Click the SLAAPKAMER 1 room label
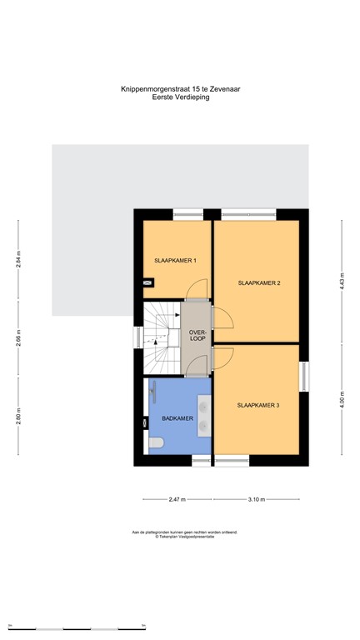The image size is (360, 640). pyautogui.click(x=175, y=261)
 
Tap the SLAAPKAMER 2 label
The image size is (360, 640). pyautogui.click(x=258, y=284)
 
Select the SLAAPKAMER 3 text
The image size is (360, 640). pyautogui.click(x=258, y=406)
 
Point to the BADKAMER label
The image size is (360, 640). pyautogui.click(x=177, y=418)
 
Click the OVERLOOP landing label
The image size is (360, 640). pyautogui.click(x=197, y=336)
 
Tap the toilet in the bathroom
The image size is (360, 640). pyautogui.click(x=154, y=442)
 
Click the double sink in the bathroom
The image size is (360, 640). pyautogui.click(x=203, y=415)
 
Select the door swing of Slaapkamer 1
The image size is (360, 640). pyautogui.click(x=196, y=288)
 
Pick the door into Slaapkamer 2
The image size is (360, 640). pyautogui.click(x=222, y=318)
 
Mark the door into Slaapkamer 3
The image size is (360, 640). pyautogui.click(x=222, y=357)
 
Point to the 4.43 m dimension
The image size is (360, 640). pyautogui.click(x=341, y=276)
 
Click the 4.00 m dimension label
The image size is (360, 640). pyautogui.click(x=341, y=398)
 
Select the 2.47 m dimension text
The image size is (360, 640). pyautogui.click(x=177, y=500)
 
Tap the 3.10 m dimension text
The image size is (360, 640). pyautogui.click(x=256, y=500)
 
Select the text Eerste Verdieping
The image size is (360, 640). pyautogui.click(x=180, y=97)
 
